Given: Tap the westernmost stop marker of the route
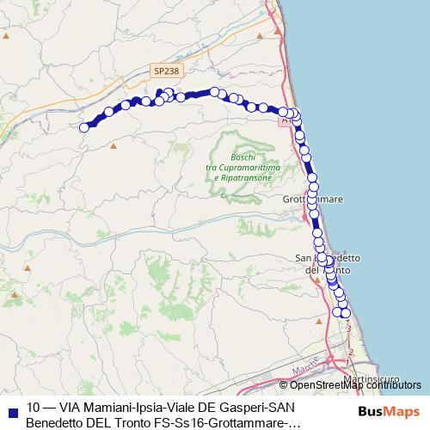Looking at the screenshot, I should tap(84, 127).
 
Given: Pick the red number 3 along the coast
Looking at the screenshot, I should tap(348, 328).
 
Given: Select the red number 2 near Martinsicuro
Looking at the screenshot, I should tap(351, 351).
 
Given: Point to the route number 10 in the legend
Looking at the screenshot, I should tap(34, 408).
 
